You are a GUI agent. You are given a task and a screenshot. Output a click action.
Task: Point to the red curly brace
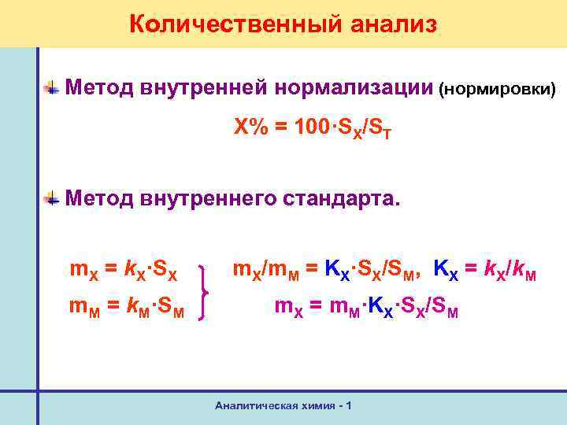click(x=209, y=291)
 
